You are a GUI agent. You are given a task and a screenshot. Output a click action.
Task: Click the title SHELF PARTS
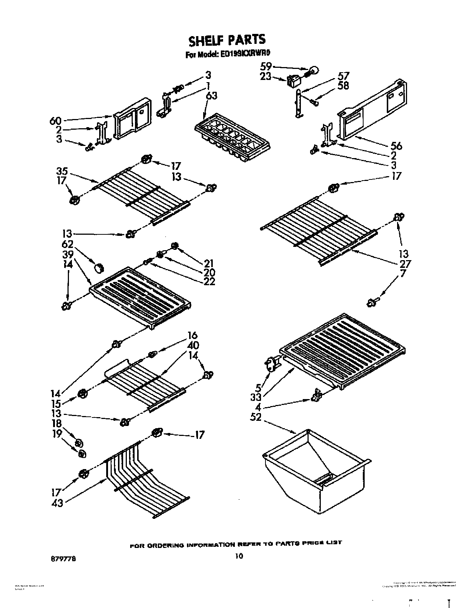click(227, 39)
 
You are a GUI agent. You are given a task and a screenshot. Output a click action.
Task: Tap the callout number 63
click(211, 95)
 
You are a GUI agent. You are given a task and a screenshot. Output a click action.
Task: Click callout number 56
click(395, 146)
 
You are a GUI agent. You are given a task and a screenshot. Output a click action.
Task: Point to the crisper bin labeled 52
click(316, 468)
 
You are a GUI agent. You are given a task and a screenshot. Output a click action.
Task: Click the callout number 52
click(256, 417)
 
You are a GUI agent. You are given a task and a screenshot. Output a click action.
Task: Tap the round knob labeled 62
click(99, 268)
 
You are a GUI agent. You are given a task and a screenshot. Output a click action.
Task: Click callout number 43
click(57, 502)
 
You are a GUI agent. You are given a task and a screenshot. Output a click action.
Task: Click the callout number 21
click(209, 263)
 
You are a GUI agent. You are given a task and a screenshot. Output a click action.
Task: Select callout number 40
click(193, 345)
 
